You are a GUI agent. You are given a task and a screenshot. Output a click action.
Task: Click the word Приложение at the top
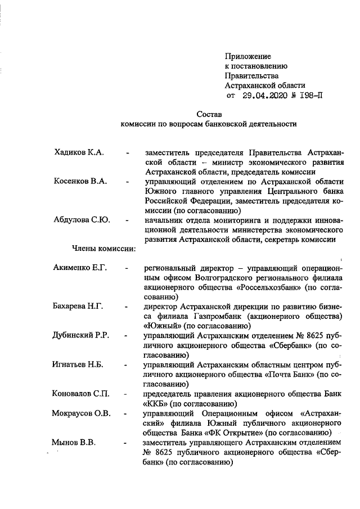click(x=247, y=56)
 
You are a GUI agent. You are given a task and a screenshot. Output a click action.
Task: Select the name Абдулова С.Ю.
click(x=82, y=219)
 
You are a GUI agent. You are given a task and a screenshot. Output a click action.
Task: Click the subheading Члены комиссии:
click(x=103, y=248)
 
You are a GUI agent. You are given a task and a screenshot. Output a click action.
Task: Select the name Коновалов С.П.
click(x=81, y=394)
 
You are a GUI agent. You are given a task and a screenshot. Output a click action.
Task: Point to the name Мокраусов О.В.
click(x=82, y=413)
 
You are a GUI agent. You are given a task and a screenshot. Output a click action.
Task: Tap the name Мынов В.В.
click(x=73, y=442)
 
